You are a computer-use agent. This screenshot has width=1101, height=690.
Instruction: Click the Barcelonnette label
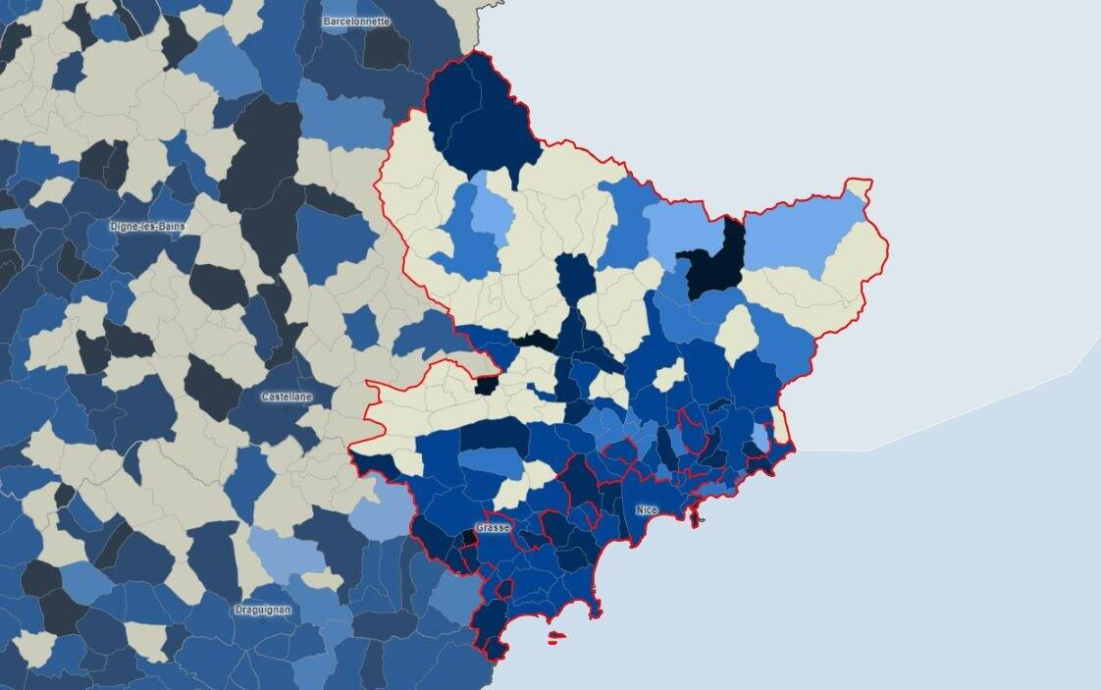pos(356,21)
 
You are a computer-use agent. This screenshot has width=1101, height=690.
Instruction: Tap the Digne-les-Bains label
pos(147,227)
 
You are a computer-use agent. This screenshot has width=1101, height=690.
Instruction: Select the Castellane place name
pos(287,397)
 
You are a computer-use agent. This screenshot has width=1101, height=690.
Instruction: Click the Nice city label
pos(646,510)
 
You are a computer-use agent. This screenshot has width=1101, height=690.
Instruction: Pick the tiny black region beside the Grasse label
pos(470,538)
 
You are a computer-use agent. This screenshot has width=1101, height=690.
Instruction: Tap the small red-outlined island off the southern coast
pos(555,638)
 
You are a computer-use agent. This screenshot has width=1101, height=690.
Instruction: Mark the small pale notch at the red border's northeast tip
pos(859,186)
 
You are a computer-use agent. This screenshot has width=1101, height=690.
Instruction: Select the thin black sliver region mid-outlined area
pos(535,341)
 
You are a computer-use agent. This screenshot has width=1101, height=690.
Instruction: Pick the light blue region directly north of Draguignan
pos(285,556)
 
